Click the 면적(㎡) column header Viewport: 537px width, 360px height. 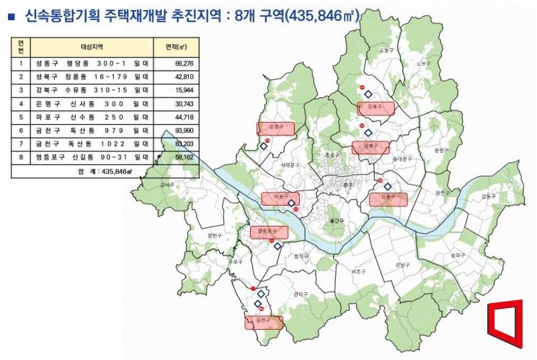tap(176, 45)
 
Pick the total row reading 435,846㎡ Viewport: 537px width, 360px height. tap(105, 172)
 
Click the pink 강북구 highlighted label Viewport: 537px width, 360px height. tap(376, 108)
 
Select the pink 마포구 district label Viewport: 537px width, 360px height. tap(280, 197)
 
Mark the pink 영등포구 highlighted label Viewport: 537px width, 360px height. tap(269, 232)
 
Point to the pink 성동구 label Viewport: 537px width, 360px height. tap(387, 198)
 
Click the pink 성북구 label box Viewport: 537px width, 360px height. tap(370, 147)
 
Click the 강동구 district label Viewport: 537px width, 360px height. tap(488, 196)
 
